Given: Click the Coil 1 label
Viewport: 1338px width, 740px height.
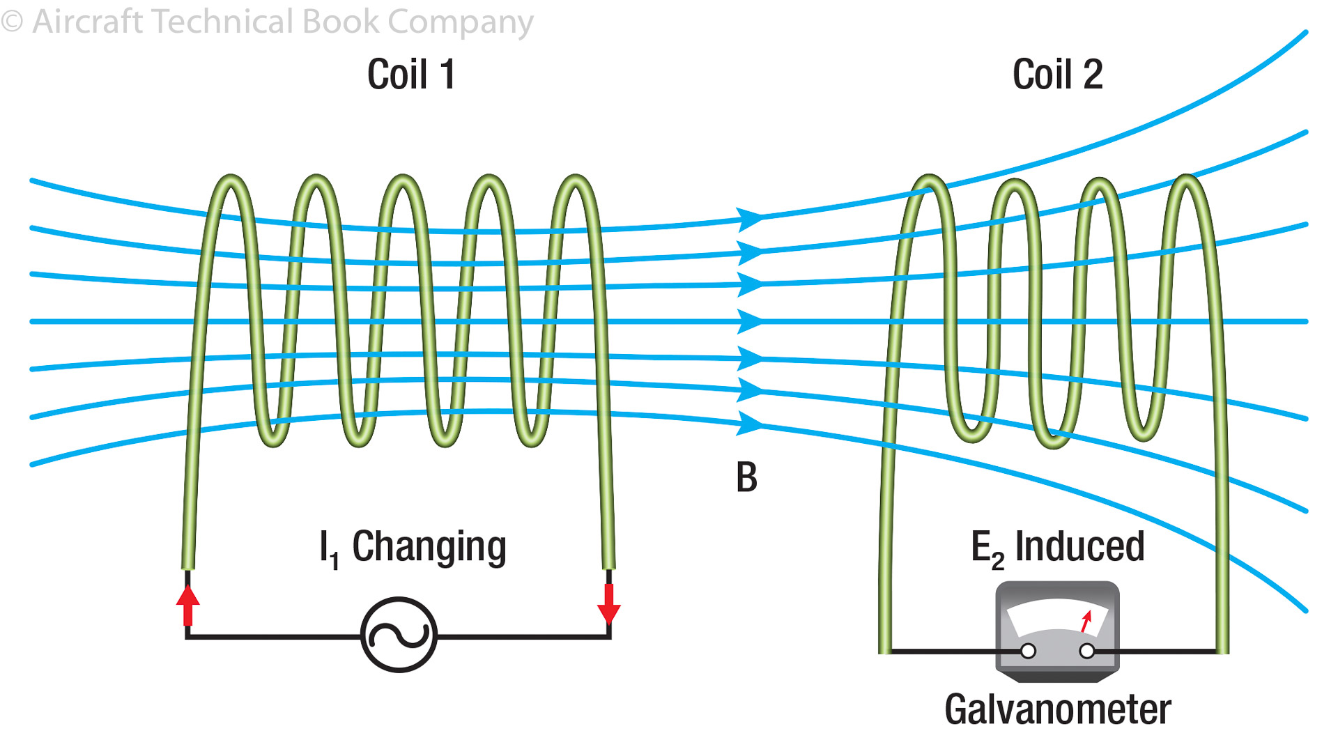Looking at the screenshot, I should (411, 75).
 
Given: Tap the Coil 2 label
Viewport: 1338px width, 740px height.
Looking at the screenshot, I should (1057, 75).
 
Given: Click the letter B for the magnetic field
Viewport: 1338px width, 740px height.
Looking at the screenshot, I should (746, 478).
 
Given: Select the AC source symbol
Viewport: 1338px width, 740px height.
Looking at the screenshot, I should (399, 635).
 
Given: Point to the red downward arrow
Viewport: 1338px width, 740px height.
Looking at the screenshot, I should (609, 603).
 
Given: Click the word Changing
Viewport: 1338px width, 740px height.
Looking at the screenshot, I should (429, 547).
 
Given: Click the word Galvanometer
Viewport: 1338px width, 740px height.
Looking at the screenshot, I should (1057, 710).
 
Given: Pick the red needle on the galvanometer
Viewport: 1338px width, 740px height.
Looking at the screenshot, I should (1086, 621).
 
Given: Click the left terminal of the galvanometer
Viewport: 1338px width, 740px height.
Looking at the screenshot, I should (1028, 652).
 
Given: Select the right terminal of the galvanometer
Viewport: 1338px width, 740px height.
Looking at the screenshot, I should (1086, 652).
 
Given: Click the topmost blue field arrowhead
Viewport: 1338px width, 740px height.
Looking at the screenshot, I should (750, 218).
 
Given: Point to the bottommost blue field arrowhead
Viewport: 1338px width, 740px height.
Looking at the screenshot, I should (750, 422).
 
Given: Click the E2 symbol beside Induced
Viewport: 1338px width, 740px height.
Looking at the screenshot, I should (987, 548).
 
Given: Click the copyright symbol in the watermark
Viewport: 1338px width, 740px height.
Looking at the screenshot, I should (12, 22).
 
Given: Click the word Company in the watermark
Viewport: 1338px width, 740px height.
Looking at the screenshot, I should (461, 23).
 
